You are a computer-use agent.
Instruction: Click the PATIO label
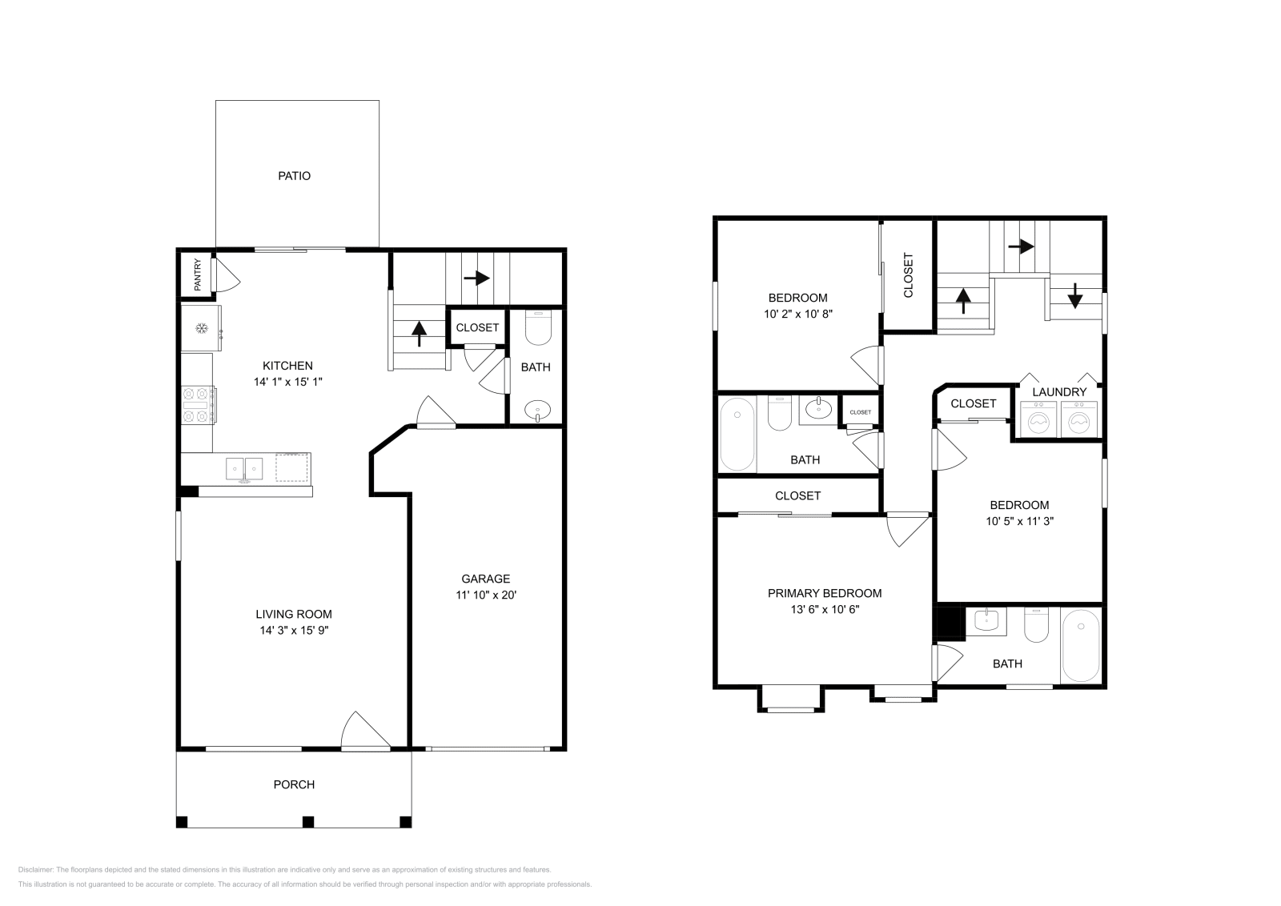pyautogui.click(x=294, y=176)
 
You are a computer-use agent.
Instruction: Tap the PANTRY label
pyautogui.click(x=197, y=275)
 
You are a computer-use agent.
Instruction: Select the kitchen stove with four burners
pyautogui.click(x=199, y=405)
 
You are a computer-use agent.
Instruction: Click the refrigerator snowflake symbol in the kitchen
pyautogui.click(x=203, y=329)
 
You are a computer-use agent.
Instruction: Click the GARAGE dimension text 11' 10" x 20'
pyautogui.click(x=485, y=595)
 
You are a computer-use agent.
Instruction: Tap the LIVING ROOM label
pyautogui.click(x=293, y=614)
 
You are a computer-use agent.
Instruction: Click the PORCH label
pyautogui.click(x=294, y=784)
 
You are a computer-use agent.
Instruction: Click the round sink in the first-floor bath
pyautogui.click(x=537, y=411)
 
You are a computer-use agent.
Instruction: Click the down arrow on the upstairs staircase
pyautogui.click(x=1074, y=297)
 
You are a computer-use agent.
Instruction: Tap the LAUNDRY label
pyautogui.click(x=1058, y=392)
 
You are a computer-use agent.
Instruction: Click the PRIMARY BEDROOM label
pyautogui.click(x=824, y=593)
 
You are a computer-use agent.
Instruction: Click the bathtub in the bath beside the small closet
pyautogui.click(x=737, y=435)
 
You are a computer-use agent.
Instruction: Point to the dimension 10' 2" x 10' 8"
pyautogui.click(x=798, y=315)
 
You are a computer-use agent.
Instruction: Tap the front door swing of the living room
pyautogui.click(x=359, y=732)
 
